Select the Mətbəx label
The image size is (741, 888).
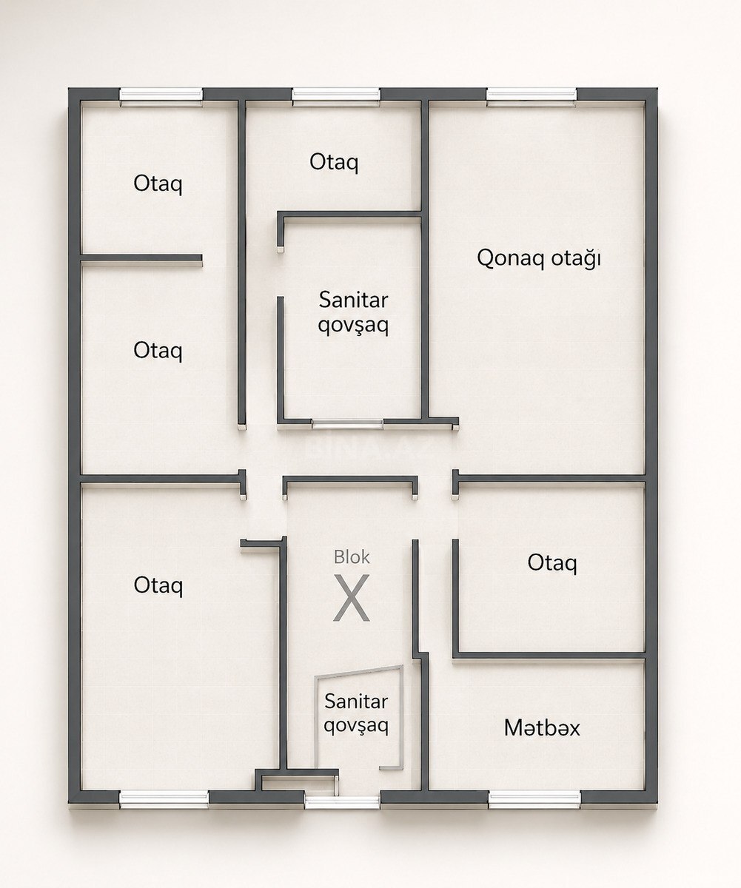[542, 727]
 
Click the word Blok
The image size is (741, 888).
[352, 557]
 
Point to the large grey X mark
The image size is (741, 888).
[352, 597]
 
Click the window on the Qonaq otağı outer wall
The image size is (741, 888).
[532, 95]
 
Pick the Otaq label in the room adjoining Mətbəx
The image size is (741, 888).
[552, 563]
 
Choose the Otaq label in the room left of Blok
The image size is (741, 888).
[158, 585]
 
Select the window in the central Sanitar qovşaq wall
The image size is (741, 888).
[347, 423]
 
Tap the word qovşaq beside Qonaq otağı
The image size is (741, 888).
[354, 326]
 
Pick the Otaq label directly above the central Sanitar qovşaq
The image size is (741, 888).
[334, 162]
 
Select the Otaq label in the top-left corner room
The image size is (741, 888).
[158, 184]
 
